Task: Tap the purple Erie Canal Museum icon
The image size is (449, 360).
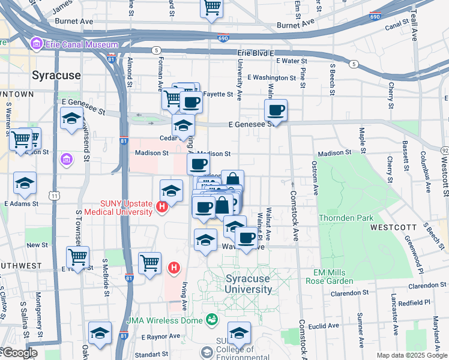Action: coord(35,44)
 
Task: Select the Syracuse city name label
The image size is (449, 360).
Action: coord(56,76)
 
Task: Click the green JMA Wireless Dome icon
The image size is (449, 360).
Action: coord(211,319)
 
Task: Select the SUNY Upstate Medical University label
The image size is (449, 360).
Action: coord(118,207)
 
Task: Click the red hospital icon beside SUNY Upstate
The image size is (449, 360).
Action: coord(161,208)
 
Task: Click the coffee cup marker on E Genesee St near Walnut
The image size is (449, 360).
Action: coord(276,110)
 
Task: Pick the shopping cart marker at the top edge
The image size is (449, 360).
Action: coord(211,7)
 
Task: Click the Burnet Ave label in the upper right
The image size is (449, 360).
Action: coord(296,23)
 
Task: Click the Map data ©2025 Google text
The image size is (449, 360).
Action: coord(412,355)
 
